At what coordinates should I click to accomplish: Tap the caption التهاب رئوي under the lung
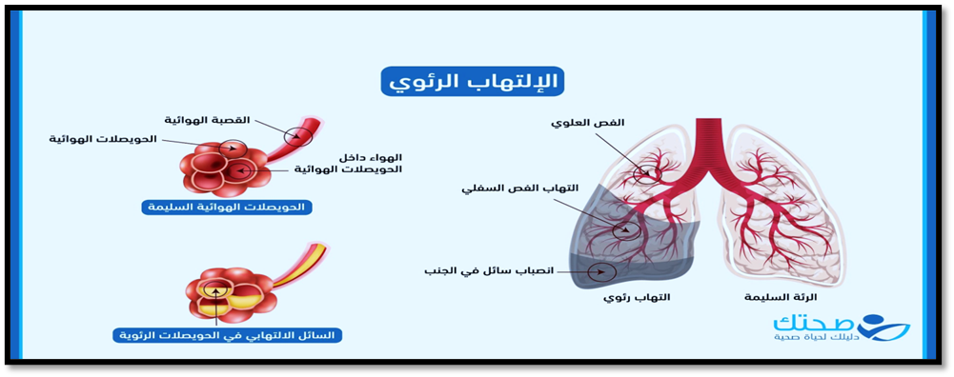pyautogui.click(x=637, y=297)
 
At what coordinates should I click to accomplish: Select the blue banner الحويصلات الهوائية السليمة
pyautogui.click(x=227, y=208)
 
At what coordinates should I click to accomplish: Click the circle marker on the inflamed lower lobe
pyautogui.click(x=627, y=229)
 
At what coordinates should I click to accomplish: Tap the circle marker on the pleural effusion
pyautogui.click(x=603, y=271)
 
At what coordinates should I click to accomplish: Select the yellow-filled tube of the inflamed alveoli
pyautogui.click(x=300, y=266)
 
